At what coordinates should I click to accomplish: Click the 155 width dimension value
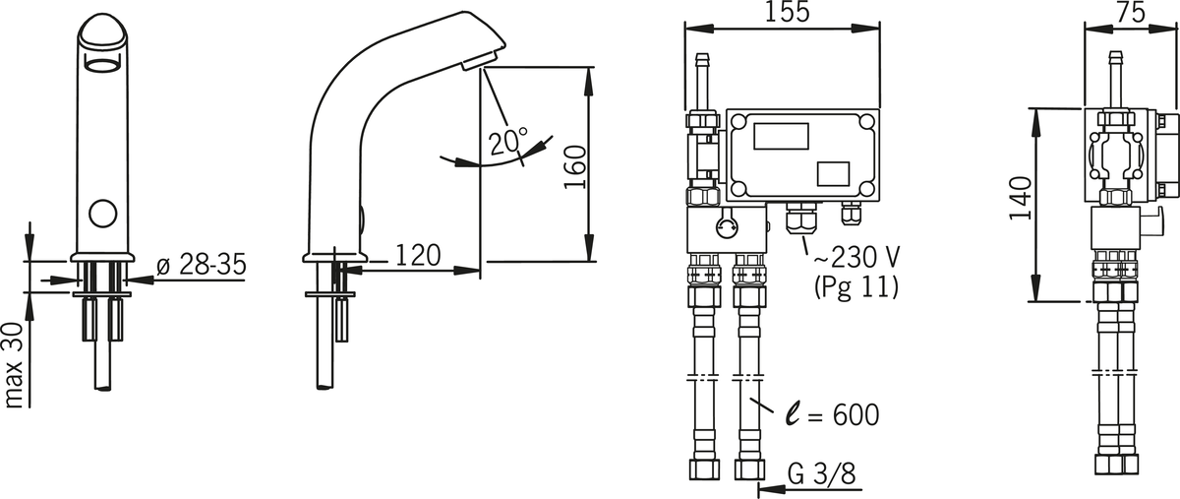(787, 12)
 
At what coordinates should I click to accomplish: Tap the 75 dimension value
(1130, 12)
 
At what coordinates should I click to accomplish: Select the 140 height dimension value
(1021, 199)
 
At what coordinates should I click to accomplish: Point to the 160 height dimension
(574, 166)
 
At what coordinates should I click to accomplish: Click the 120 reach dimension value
(417, 255)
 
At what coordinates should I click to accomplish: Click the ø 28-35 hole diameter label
(202, 265)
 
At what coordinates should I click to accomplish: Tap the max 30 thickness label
(13, 365)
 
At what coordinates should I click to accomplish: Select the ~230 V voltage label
(856, 258)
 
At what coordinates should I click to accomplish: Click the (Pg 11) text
(856, 287)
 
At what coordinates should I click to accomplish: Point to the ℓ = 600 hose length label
(832, 414)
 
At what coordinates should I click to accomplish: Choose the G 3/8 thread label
(822, 474)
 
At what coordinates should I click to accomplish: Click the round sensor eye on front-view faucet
(102, 214)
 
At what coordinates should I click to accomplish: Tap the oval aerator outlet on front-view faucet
(102, 67)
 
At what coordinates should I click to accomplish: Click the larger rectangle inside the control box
(781, 137)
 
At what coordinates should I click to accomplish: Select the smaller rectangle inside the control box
(833, 174)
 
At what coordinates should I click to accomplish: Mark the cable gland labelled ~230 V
(800, 218)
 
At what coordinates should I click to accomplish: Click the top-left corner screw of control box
(738, 122)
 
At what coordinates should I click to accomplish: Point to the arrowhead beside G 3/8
(770, 488)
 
